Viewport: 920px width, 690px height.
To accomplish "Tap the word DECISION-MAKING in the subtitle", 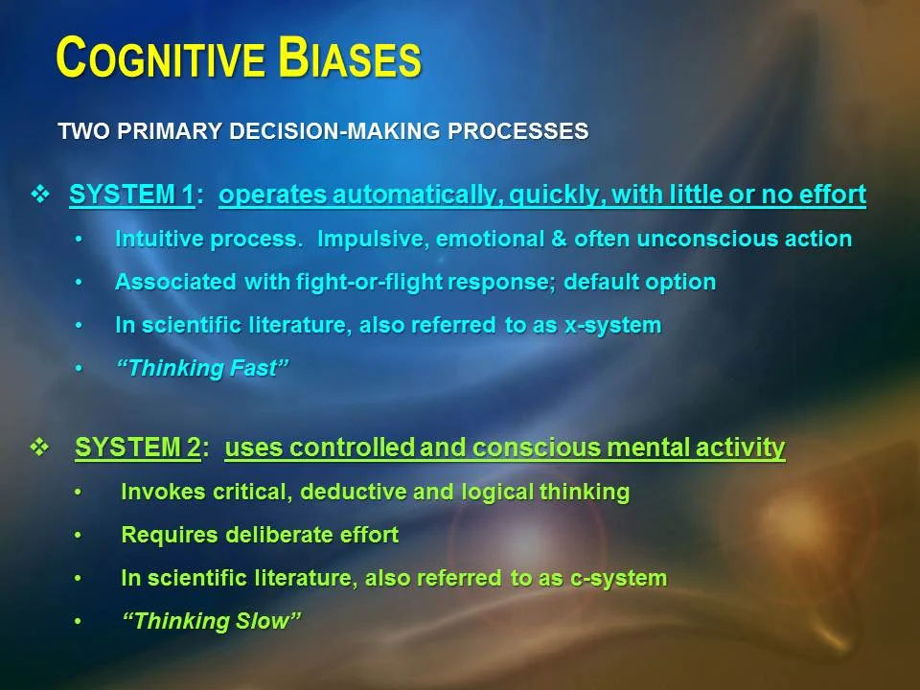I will (344, 131).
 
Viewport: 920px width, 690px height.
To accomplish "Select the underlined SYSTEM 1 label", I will (130, 195).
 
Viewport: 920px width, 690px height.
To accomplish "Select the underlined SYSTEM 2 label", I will (137, 448).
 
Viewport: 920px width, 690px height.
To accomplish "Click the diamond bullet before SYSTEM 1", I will (40, 195).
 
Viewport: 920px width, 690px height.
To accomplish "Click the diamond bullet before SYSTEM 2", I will (40, 448).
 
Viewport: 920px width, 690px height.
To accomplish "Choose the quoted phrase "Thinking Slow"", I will (212, 621).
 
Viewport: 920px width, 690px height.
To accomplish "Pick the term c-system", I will (615, 578).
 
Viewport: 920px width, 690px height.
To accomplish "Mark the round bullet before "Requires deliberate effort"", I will (80, 536).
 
